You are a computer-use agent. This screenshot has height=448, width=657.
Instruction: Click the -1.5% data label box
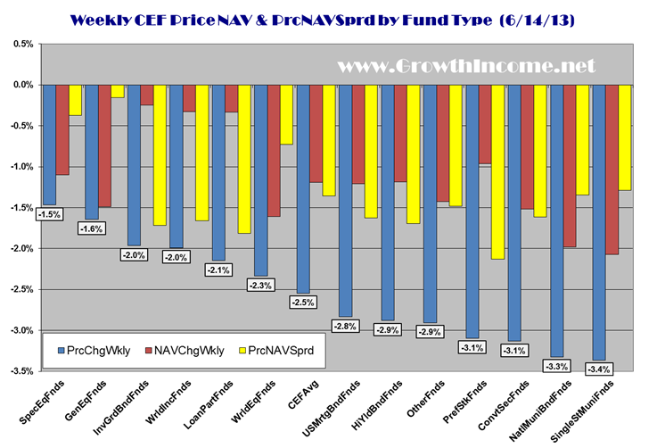(49, 215)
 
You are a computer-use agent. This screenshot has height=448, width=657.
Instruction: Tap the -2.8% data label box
(348, 327)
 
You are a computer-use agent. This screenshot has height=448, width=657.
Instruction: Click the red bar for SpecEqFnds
(62, 129)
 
